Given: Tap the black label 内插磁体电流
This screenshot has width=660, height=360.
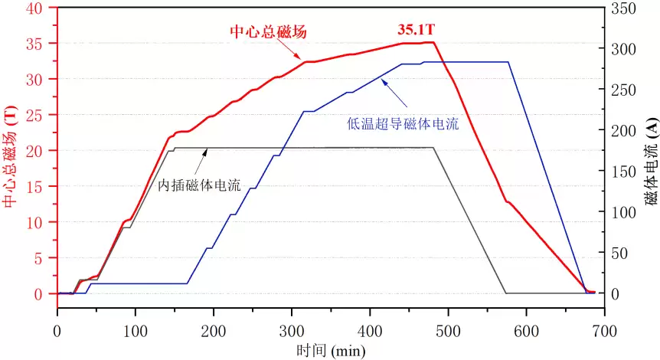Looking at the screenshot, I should [x=198, y=185].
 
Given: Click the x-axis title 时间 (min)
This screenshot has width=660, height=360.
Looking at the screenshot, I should [x=331, y=351].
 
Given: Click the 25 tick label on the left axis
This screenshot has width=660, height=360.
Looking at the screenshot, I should [x=39, y=115].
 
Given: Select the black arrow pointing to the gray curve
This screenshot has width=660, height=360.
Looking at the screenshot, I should [x=203, y=162].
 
